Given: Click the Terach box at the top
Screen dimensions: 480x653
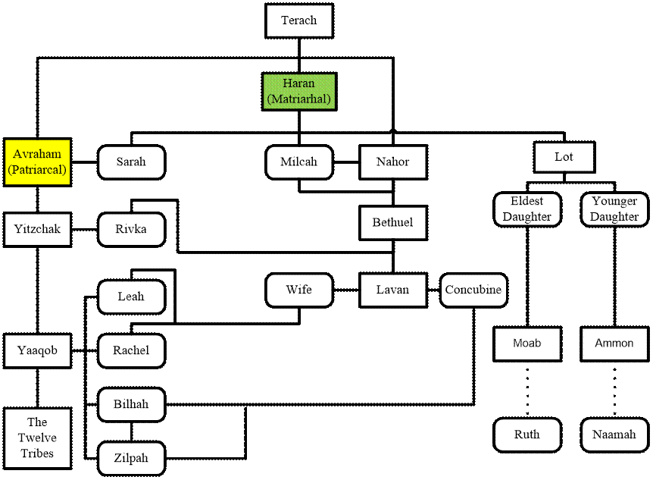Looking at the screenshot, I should [x=299, y=20].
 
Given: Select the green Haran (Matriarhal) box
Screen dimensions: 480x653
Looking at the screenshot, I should [x=298, y=91].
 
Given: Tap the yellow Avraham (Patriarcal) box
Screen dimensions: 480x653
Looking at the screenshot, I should [x=37, y=162].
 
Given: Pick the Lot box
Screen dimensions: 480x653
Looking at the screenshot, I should [x=564, y=157].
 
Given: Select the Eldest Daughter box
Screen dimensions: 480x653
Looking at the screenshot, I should [x=527, y=209].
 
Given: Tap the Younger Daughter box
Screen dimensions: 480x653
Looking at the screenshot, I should [x=614, y=209].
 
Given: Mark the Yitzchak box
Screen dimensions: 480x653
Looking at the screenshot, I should [x=37, y=229].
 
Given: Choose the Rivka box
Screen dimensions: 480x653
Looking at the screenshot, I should [x=131, y=229].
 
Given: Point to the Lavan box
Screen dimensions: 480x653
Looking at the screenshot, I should [x=392, y=290].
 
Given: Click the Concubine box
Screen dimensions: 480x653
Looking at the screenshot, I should [x=473, y=290].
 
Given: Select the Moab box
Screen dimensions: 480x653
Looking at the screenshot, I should [x=527, y=344].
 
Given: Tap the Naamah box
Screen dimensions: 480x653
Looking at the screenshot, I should [x=614, y=435].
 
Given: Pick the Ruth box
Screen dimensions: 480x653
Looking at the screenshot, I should [x=527, y=435].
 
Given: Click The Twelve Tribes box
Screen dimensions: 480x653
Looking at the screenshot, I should [x=37, y=438].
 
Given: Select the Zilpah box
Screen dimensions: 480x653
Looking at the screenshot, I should [x=131, y=458].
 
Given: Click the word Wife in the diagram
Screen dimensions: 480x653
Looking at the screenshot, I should [x=298, y=290].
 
